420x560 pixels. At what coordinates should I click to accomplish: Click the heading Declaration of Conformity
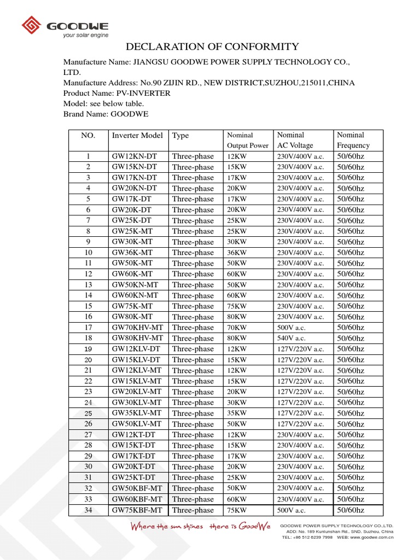213,46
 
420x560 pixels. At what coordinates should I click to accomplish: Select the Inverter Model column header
137,135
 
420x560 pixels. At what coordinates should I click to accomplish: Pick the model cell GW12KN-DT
134,156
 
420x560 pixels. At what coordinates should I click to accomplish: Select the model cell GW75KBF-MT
137,510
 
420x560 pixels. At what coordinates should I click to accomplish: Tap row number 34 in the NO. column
88,510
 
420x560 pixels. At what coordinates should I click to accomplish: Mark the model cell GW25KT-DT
134,477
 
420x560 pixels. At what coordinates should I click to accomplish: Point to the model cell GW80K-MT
133,317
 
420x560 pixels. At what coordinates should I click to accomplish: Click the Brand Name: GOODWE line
106,114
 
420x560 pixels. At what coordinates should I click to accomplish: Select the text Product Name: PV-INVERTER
117,94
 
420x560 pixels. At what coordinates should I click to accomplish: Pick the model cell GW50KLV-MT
137,424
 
